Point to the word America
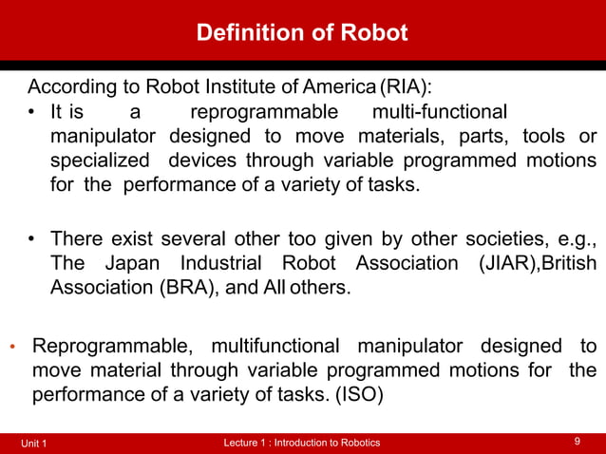(x=334, y=89)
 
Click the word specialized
(x=99, y=160)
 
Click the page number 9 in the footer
(x=578, y=442)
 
